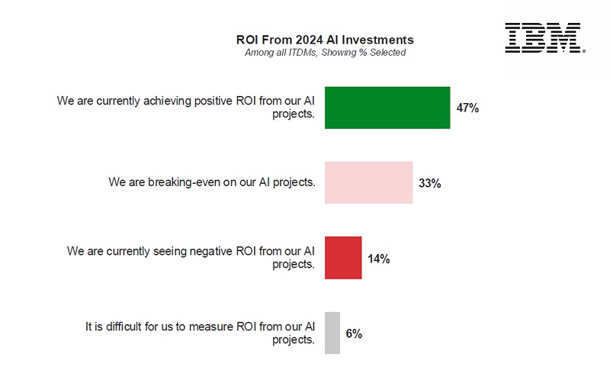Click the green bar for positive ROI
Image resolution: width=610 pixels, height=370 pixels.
point(387,108)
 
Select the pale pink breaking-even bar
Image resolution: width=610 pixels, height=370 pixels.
point(368,182)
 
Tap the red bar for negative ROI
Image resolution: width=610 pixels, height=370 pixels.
point(343,258)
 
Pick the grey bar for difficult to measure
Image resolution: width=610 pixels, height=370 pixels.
point(332,333)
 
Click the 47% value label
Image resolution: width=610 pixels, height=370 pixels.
point(467,108)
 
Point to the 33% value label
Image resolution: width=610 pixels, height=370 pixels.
point(430,183)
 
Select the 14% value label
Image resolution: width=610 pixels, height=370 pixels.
point(379,259)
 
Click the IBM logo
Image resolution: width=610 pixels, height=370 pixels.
point(544,38)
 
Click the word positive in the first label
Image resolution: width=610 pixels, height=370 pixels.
point(208,100)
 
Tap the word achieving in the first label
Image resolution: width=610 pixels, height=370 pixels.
point(160,100)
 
